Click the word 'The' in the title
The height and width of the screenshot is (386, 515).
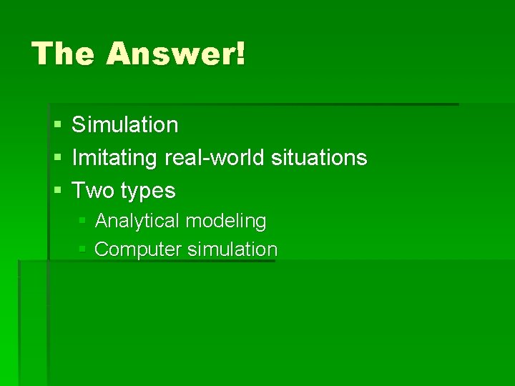(63, 54)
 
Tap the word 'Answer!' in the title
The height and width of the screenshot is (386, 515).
(175, 54)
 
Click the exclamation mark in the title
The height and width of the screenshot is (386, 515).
(239, 54)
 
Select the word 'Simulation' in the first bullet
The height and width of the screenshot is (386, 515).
(125, 124)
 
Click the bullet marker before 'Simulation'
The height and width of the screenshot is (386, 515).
(57, 125)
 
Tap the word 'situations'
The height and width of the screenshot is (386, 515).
(319, 157)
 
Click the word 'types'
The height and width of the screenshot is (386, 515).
(148, 192)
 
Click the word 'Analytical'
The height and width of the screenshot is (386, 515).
(137, 221)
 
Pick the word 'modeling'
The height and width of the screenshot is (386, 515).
(226, 222)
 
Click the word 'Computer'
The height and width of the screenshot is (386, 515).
(138, 249)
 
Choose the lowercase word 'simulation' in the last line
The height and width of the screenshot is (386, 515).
(232, 249)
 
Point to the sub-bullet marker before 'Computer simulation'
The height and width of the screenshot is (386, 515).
(83, 249)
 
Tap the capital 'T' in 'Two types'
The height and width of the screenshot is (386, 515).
(79, 190)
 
